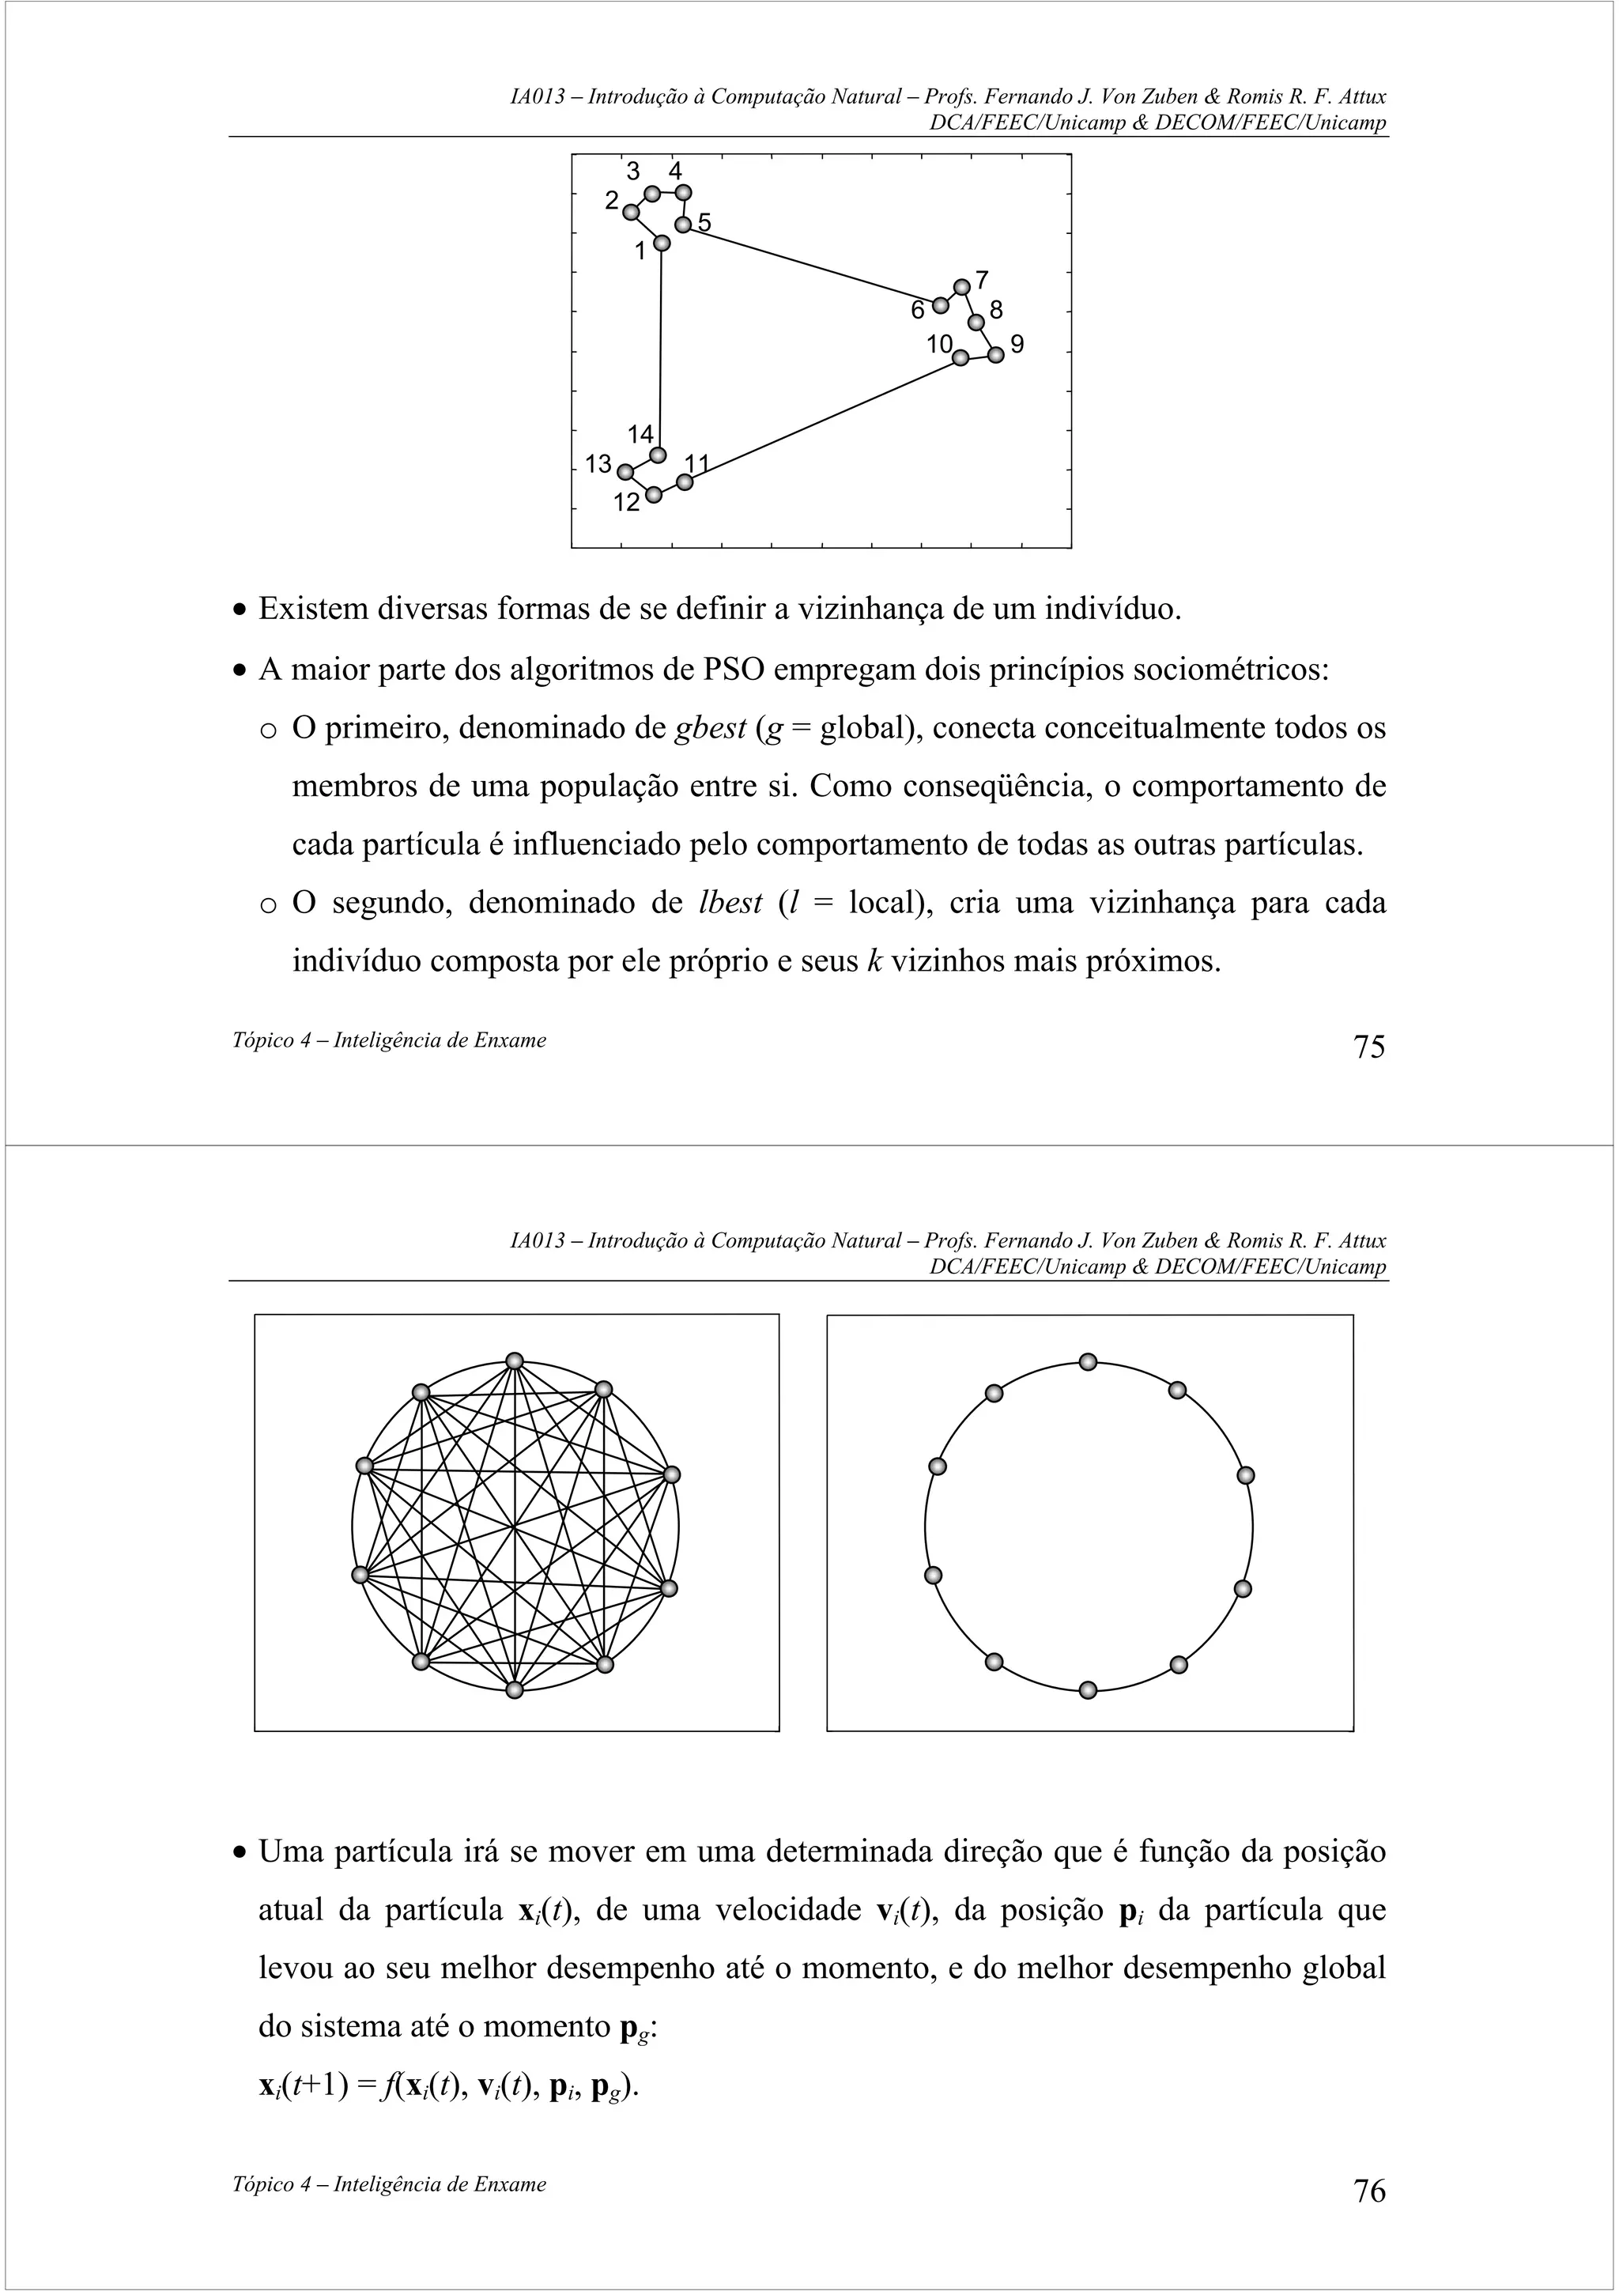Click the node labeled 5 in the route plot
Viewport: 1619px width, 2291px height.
click(683, 225)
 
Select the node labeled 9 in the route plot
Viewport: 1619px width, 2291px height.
click(995, 354)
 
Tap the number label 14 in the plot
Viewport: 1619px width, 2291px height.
click(640, 434)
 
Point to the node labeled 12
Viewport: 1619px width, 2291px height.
click(654, 495)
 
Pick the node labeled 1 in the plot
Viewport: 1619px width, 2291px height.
click(662, 243)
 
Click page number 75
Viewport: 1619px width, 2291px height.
click(1368, 1047)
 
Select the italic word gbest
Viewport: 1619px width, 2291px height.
click(710, 728)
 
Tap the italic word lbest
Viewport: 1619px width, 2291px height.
click(730, 903)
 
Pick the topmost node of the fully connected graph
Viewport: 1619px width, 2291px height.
click(515, 1361)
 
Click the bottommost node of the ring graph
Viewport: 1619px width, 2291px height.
click(1089, 1689)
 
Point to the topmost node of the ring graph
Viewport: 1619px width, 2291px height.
click(1089, 1362)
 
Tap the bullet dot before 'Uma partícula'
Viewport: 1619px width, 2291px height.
click(240, 1853)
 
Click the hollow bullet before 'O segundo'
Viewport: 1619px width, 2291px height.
click(267, 905)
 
